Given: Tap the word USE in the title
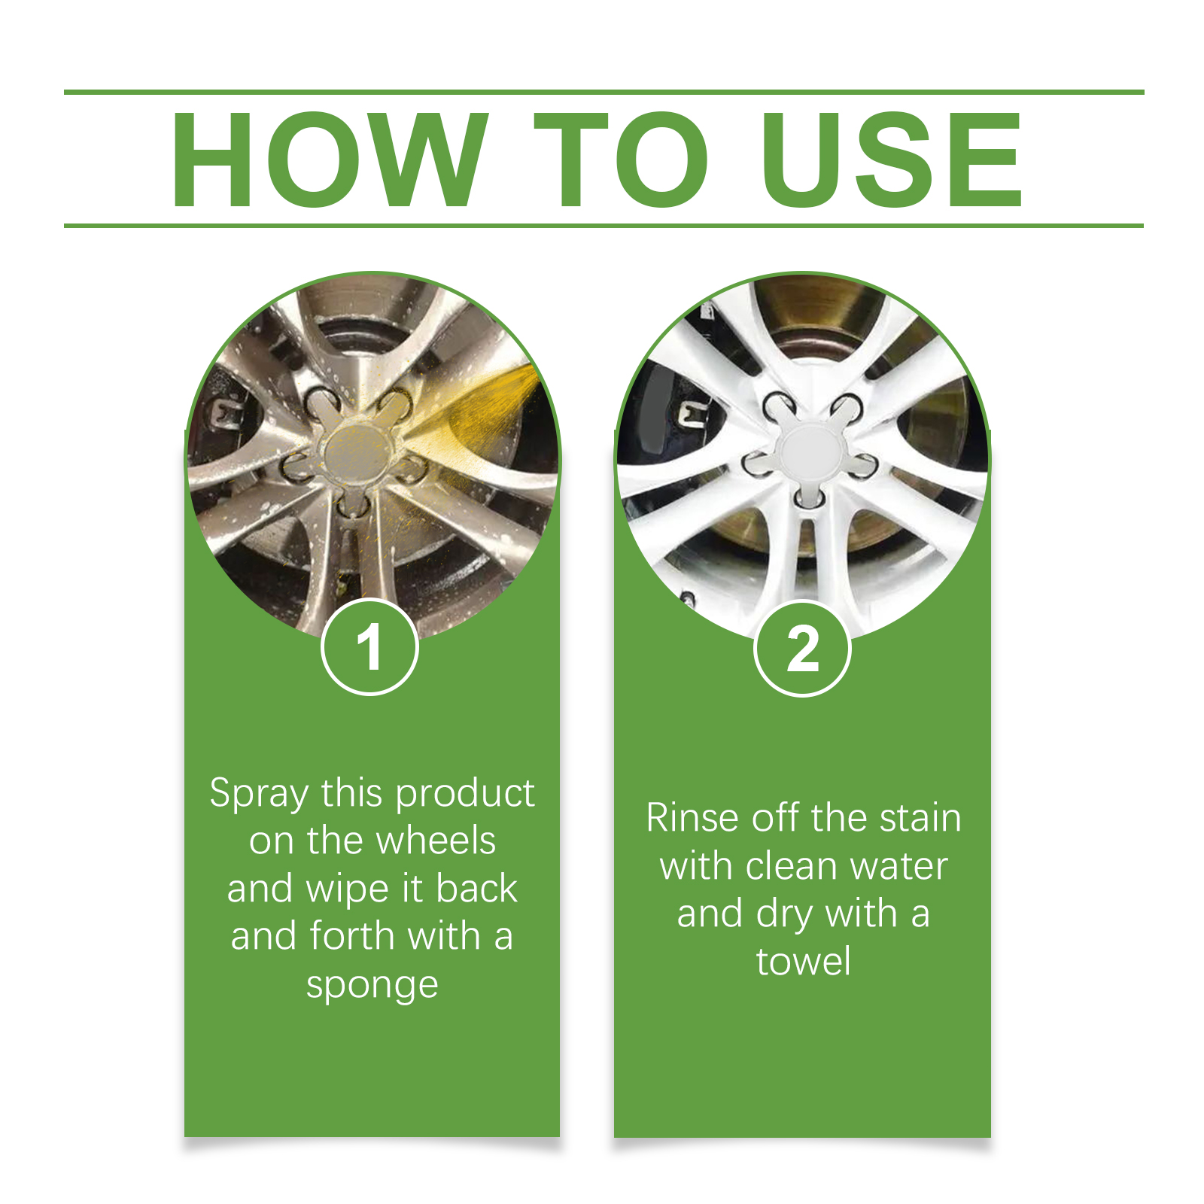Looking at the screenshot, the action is click(x=892, y=160).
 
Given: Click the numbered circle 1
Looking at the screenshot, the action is click(x=369, y=647).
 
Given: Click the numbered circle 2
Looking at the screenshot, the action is click(x=802, y=649).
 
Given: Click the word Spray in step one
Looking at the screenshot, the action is click(x=260, y=795).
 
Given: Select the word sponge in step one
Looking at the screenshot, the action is click(x=372, y=985).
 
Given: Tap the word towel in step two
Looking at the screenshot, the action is click(x=804, y=962).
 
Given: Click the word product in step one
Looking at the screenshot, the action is click(x=465, y=795).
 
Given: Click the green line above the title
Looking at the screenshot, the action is click(x=604, y=93).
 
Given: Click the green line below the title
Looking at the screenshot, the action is click(x=604, y=225).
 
